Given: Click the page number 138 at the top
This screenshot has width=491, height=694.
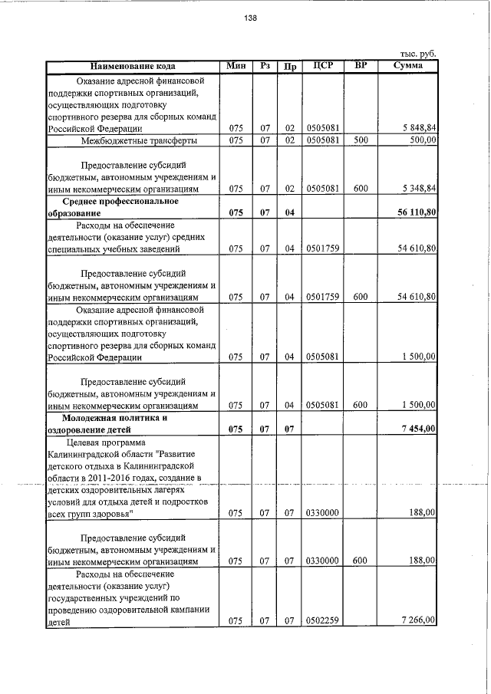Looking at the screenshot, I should click(x=250, y=19).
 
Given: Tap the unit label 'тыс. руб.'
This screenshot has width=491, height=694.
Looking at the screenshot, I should click(x=418, y=54).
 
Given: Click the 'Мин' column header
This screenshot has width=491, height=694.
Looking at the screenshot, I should click(x=236, y=66).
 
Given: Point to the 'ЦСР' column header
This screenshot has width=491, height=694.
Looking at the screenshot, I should click(x=323, y=66).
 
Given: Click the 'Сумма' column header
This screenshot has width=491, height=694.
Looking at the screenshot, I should click(x=409, y=66).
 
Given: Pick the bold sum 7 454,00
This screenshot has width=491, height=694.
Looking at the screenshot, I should click(x=418, y=429).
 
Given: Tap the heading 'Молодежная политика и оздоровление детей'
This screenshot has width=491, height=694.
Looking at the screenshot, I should click(x=116, y=423).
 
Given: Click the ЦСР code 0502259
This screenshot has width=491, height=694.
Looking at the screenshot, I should click(x=322, y=621).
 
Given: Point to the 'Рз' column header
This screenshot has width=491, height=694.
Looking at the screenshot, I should click(x=265, y=66).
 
